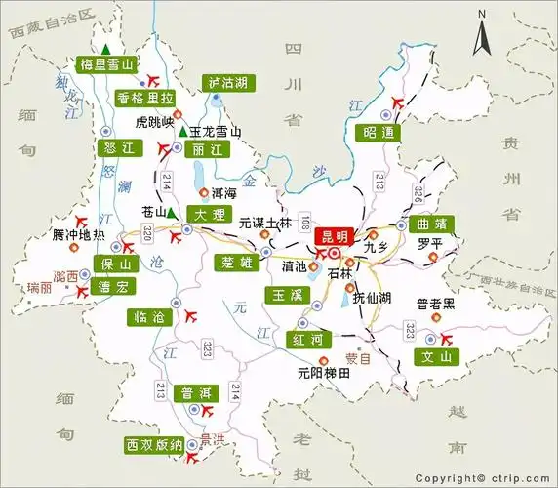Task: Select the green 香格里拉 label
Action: click(144, 99)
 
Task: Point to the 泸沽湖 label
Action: click(227, 84)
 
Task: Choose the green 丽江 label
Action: click(209, 149)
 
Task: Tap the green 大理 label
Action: click(209, 214)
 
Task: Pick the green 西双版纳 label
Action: click(154, 445)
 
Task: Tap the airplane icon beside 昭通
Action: click(396, 102)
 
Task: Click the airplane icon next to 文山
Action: click(447, 338)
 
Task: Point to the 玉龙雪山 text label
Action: click(216, 132)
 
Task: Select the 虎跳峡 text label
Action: click(154, 123)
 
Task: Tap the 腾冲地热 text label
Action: click(79, 236)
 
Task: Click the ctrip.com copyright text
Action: click(485, 478)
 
